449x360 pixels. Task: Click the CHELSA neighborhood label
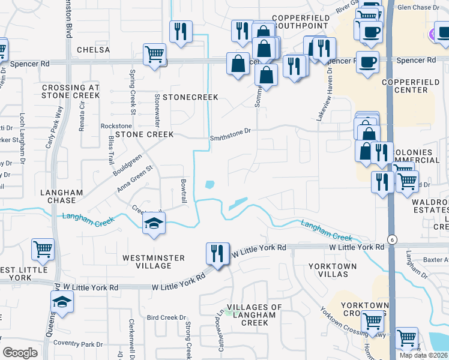tap(94, 49)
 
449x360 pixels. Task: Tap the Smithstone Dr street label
tap(229, 139)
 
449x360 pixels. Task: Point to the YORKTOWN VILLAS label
tap(333, 270)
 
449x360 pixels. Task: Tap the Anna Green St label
tap(136, 178)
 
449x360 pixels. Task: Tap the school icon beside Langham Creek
tap(154, 224)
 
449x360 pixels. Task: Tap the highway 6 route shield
tap(391, 238)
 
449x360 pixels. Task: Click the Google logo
tap(20, 353)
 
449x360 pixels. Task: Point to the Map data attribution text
tap(424, 355)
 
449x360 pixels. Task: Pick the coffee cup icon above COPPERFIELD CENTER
tap(367, 61)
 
